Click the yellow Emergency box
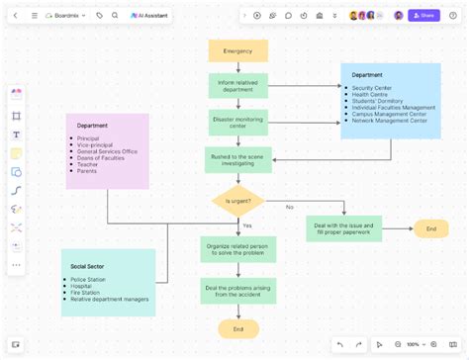click(237, 50)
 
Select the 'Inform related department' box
click(237, 85)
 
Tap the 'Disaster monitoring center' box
click(237, 122)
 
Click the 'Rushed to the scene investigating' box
click(237, 159)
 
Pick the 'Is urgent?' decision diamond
click(237, 200)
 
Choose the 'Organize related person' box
click(237, 248)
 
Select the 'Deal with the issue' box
click(343, 228)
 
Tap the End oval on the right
click(430, 228)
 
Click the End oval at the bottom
click(237, 328)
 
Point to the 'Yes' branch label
click(247, 226)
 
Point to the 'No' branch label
click(290, 207)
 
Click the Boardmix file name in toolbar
click(68, 16)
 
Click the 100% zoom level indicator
click(413, 344)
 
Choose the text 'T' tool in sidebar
click(16, 135)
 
